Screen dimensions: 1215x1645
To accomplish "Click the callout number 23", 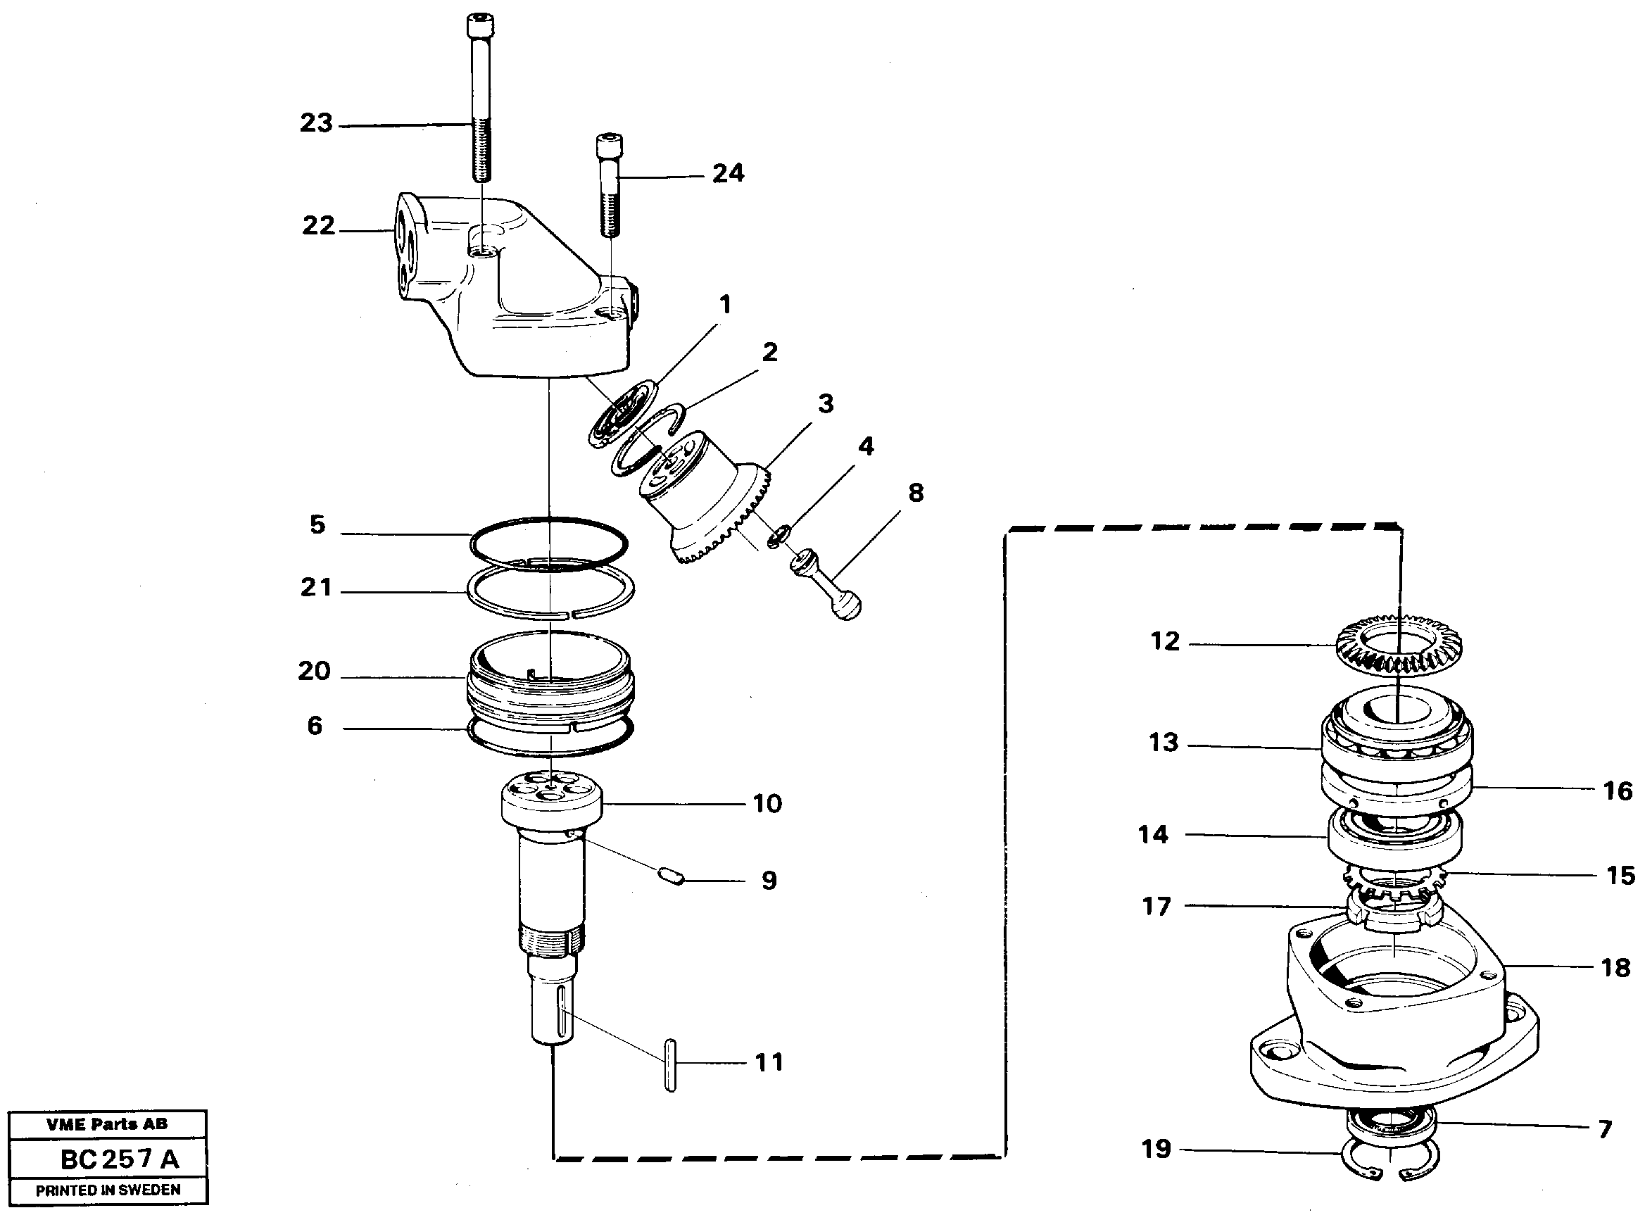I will tap(316, 122).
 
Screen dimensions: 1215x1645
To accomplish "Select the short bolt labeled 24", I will tap(609, 185).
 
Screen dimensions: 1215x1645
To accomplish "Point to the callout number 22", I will tap(318, 225).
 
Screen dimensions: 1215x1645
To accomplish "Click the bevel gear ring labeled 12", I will tap(1399, 646).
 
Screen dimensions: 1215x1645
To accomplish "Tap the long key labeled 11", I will tap(670, 1066).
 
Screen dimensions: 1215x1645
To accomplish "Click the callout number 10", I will tap(767, 803).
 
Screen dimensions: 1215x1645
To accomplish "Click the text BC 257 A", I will tap(119, 1160).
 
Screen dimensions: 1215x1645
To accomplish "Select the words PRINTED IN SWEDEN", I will tap(108, 1190).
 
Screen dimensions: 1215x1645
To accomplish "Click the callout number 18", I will tap(1615, 968).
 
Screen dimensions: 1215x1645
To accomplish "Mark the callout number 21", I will tap(316, 588).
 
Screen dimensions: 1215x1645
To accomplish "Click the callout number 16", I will tap(1617, 791).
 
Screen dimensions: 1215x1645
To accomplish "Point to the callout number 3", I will tap(825, 403).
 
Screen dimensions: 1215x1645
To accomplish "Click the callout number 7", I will tap(1606, 1129).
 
